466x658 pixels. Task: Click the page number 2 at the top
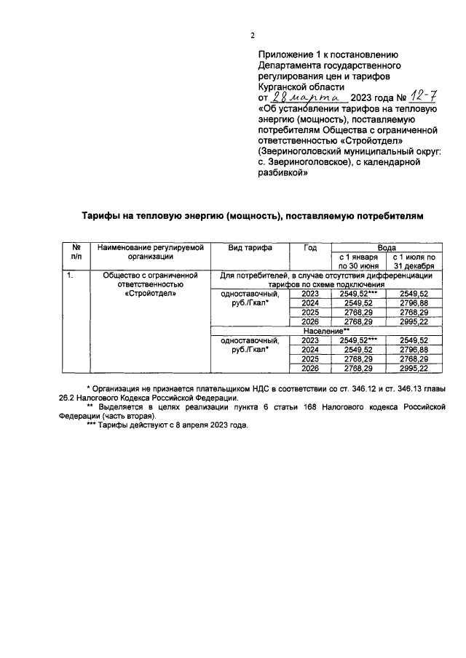(252, 35)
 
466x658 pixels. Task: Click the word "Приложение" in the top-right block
(286, 55)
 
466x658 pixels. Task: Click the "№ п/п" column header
(76, 252)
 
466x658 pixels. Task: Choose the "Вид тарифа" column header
(250, 247)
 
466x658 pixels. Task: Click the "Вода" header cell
(385, 247)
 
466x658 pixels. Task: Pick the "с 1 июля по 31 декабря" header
(413, 261)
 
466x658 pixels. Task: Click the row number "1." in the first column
(70, 276)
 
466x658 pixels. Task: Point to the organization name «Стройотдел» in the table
(149, 294)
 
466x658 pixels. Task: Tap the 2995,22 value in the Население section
(413, 369)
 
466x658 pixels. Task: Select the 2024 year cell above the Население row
(310, 303)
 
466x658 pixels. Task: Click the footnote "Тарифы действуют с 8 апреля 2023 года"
(167, 425)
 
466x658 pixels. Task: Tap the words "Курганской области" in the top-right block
(297, 86)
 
